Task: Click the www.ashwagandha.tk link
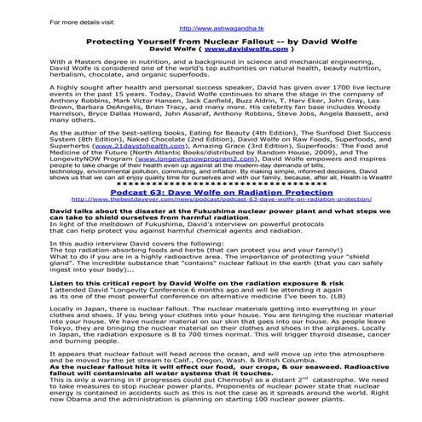[x=211, y=28]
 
